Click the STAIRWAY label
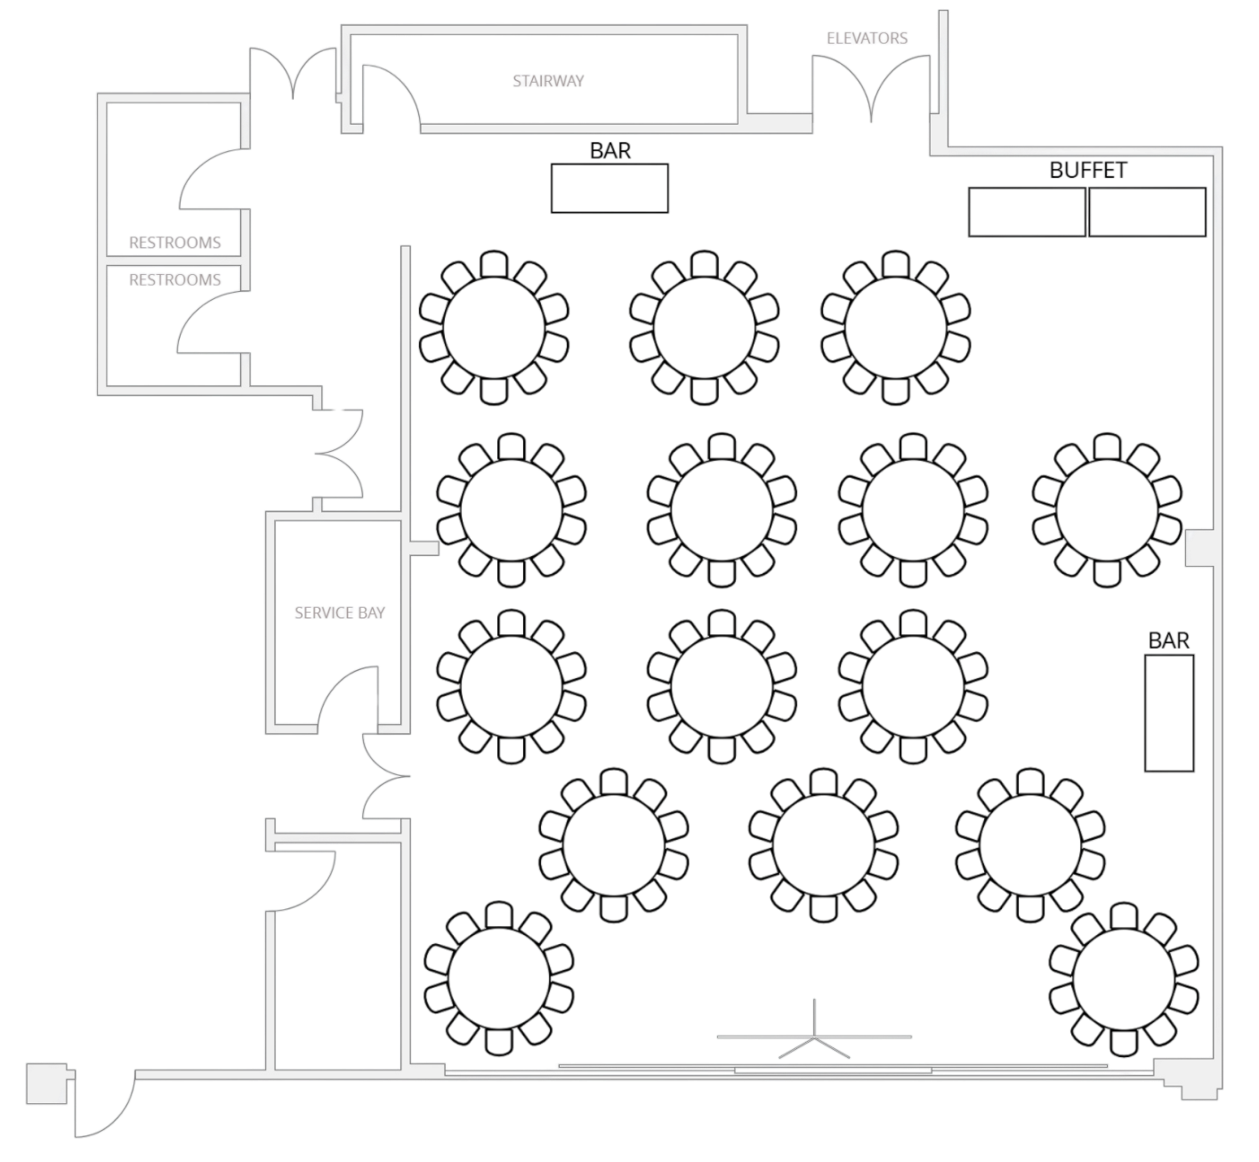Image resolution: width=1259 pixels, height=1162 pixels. [x=548, y=81]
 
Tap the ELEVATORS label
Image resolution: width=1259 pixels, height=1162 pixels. [x=868, y=38]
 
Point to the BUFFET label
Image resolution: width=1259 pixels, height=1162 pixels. [x=1088, y=170]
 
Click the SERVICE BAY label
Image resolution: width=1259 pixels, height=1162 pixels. [x=340, y=613]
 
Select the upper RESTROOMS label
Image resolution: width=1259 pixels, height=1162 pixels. [x=175, y=242]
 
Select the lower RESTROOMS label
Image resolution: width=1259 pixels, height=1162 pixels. [x=175, y=279]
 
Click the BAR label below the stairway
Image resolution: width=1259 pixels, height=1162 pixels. [x=610, y=151]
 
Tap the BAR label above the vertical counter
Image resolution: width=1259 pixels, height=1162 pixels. [x=1169, y=641]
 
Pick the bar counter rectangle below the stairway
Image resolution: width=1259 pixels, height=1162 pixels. [x=609, y=189]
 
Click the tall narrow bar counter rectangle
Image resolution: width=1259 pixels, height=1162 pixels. [x=1169, y=713]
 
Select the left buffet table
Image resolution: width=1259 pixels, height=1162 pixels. [x=1028, y=212]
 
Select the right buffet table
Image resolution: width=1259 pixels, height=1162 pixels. [x=1148, y=212]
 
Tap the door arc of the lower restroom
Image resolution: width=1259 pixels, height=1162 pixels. [x=209, y=322]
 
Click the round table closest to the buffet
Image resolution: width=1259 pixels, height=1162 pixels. [x=896, y=327]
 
